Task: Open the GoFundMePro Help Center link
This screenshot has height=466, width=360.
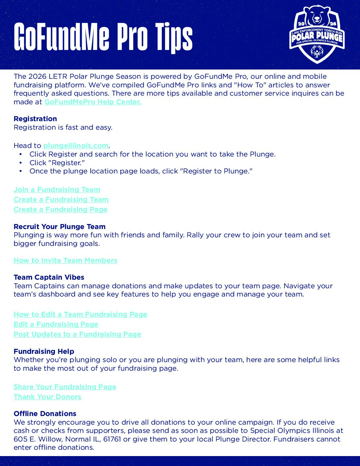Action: coord(93,102)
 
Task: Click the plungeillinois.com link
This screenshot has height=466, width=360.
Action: coord(76,146)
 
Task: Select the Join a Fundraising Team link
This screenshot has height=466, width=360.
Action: coord(57,190)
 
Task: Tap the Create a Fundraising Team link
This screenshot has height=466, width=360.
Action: coord(61,200)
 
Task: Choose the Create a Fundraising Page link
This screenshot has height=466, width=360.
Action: coord(61,210)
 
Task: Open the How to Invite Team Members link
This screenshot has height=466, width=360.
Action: coord(66,260)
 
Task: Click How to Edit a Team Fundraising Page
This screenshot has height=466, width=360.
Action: coord(80,314)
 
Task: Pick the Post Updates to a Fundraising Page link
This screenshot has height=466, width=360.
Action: coord(77,334)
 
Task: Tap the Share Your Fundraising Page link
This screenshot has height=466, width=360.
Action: coord(65,387)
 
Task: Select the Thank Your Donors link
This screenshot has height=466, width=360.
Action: coord(47,397)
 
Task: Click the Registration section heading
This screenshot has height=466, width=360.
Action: coord(35,119)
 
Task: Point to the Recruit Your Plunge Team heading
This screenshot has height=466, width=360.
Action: coord(60,227)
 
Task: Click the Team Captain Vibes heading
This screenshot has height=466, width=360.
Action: coord(49,277)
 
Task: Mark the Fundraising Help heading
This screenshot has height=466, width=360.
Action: coord(44,351)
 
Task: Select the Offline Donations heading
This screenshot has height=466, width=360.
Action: coord(45,414)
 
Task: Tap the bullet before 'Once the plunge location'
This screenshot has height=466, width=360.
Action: coord(21,171)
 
